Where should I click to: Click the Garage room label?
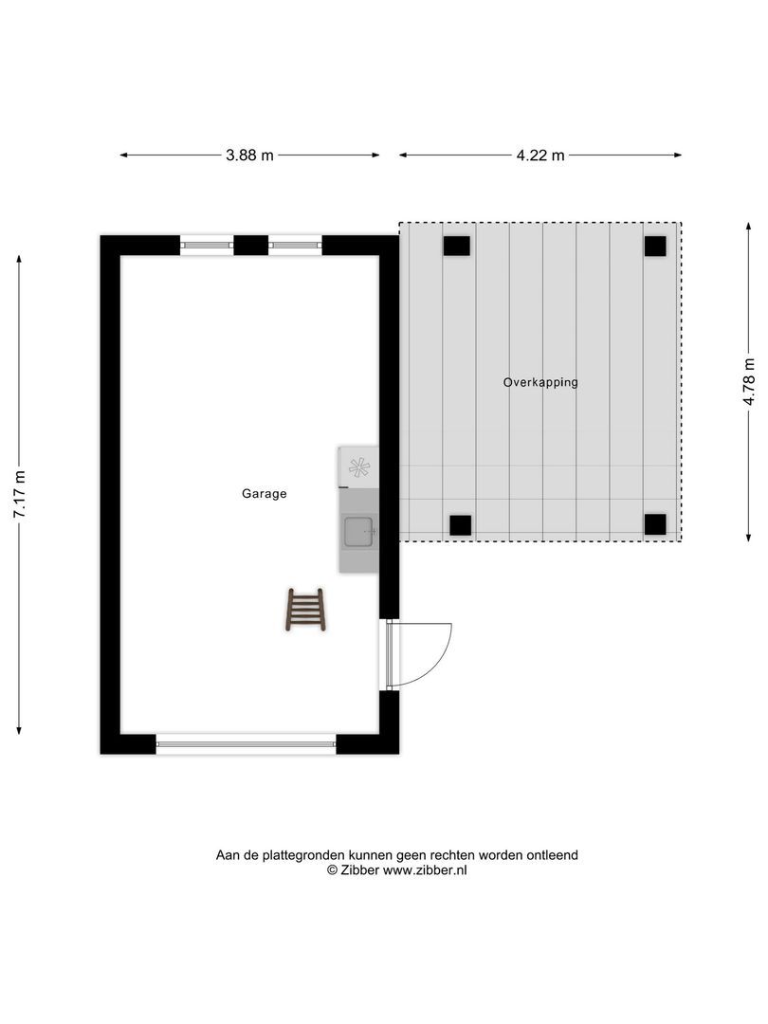(264, 494)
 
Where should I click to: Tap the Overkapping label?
(540, 383)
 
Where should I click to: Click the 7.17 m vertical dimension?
(20, 494)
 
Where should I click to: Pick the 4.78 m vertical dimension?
(749, 382)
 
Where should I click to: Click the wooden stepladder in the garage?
(305, 609)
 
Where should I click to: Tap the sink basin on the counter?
(359, 533)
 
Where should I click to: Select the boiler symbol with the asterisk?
(358, 466)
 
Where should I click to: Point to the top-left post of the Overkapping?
(456, 247)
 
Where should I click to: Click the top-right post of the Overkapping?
(655, 247)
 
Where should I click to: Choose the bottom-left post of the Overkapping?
(460, 524)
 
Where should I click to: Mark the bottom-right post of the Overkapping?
(655, 524)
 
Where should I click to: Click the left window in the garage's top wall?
(207, 246)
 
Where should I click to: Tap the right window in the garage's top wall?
(295, 246)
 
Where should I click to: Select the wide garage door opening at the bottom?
(246, 744)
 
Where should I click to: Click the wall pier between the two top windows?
(250, 246)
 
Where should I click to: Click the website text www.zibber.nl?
(425, 870)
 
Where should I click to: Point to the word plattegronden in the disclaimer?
(304, 855)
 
